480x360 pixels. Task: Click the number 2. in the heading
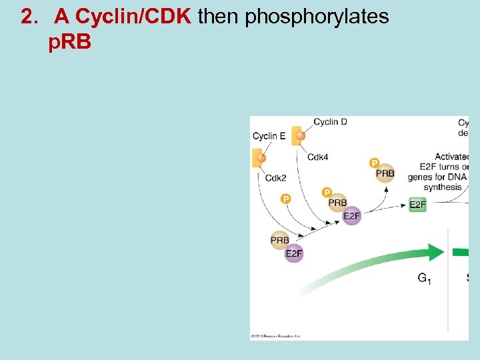tap(30, 17)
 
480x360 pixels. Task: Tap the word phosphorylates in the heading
tap(317, 17)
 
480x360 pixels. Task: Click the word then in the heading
tap(219, 17)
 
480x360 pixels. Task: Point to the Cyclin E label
tap(269, 136)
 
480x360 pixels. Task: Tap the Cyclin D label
tap(330, 121)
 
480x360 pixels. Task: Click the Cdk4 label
tap(317, 157)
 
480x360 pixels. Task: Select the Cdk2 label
tap(275, 177)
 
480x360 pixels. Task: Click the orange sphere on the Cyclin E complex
tap(261, 158)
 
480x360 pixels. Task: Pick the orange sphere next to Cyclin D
tap(300, 137)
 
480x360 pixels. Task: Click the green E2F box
tap(417, 205)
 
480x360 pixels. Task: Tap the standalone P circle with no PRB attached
tap(286, 199)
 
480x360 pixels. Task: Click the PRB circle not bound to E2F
tap(385, 173)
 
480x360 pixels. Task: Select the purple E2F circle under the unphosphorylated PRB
tap(294, 253)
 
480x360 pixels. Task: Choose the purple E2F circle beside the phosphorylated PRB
tap(351, 216)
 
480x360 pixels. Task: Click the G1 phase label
tap(424, 278)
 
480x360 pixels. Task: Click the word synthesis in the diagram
tap(443, 187)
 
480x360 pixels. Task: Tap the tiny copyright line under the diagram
tap(276, 336)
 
